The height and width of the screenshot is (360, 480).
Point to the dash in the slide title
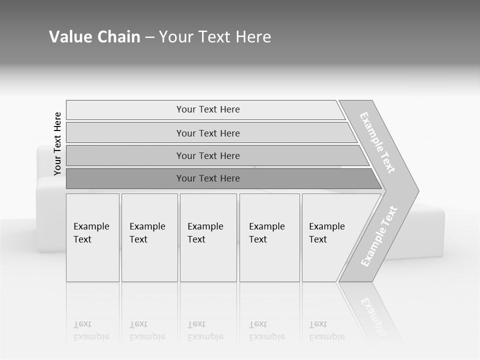[149, 37]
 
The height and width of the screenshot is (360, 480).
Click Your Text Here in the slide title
[215, 37]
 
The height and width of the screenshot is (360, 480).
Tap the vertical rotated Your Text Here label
[57, 143]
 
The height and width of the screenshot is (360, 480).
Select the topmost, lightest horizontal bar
[207, 109]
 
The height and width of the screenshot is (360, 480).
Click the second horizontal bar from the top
[207, 133]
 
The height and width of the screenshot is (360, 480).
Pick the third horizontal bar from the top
[207, 155]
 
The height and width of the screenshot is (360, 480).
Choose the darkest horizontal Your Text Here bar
[207, 178]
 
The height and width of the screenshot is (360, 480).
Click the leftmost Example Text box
[92, 237]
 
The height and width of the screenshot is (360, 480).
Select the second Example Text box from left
[149, 237]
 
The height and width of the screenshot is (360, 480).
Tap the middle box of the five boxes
[208, 237]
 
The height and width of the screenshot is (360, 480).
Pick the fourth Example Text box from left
[269, 237]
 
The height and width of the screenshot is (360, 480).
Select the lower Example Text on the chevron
[379, 236]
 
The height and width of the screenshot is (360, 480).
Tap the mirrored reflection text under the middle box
[205, 331]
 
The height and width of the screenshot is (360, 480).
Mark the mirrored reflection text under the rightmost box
[326, 331]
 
